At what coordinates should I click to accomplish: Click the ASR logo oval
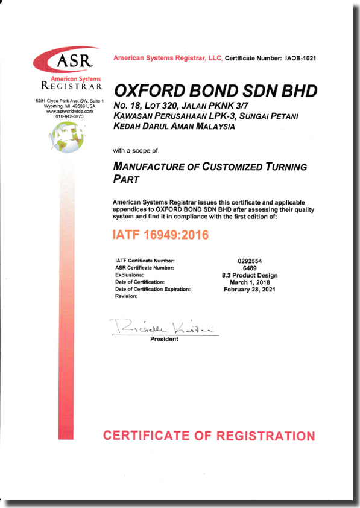[67, 61]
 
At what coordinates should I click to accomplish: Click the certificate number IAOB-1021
[300, 58]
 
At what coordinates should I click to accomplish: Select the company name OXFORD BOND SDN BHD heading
[215, 90]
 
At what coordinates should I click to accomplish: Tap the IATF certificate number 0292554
[251, 261]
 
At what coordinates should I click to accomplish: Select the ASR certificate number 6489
[251, 268]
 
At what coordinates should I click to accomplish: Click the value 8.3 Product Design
[251, 275]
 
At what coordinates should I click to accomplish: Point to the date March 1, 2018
[251, 282]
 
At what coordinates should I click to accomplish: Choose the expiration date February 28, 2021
[251, 290]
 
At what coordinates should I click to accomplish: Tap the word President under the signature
[164, 340]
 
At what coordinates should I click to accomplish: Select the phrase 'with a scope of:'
[136, 150]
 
